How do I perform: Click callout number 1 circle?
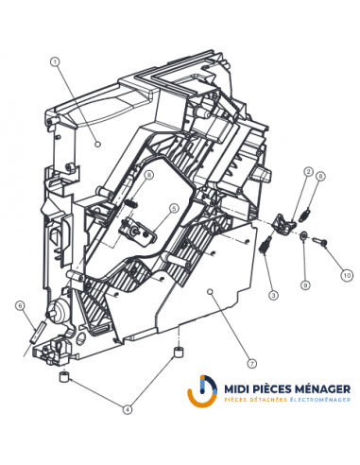coord(56,62)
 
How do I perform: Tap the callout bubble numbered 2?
coord(308,171)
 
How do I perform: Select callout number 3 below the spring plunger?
coord(272,296)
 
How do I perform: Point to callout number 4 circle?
coord(128,408)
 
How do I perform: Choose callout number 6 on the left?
coord(18,305)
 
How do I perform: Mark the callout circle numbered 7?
coord(251,362)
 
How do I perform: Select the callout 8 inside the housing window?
coord(149,176)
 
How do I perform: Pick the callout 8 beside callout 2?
coord(320,177)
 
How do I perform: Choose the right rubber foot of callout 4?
coord(176,353)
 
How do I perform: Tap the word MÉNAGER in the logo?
coord(323,387)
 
